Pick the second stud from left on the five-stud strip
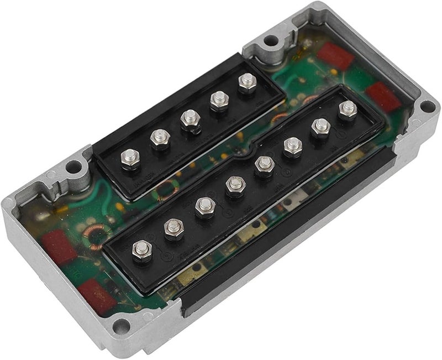click(160, 136)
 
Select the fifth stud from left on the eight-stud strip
click(264, 164)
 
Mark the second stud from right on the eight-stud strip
click(319, 127)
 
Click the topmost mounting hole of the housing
click(270, 40)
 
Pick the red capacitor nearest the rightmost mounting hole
click(386, 97)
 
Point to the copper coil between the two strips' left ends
click(164, 192)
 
